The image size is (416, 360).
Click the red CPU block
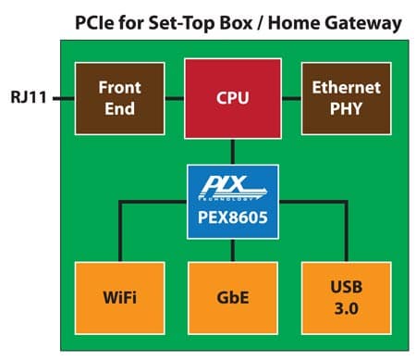click(x=233, y=98)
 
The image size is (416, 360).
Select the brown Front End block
click(x=120, y=98)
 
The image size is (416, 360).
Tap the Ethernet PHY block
click(x=347, y=98)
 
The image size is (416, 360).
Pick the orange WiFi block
click(x=120, y=298)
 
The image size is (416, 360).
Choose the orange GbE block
click(x=233, y=298)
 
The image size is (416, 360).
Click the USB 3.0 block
click(x=347, y=298)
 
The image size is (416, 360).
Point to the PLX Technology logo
click(x=233, y=188)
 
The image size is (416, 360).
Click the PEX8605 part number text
click(x=233, y=217)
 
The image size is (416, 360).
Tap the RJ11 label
click(x=29, y=97)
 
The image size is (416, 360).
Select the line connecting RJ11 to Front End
click(x=64, y=99)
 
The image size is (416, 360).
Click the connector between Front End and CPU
click(x=175, y=99)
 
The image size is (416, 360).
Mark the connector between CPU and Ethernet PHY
click(x=291, y=99)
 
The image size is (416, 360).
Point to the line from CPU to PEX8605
click(x=233, y=152)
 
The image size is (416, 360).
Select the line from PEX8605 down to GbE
click(x=233, y=250)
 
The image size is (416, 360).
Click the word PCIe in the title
click(x=95, y=23)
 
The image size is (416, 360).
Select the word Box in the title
click(x=236, y=23)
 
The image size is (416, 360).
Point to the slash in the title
click(x=261, y=23)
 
